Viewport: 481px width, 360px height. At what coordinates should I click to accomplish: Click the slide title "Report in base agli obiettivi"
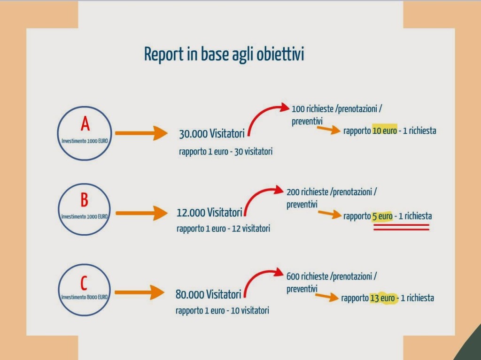pos(224,54)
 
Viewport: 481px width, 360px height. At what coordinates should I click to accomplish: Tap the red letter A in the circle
pos(85,124)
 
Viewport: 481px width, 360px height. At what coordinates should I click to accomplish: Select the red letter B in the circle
pos(84,200)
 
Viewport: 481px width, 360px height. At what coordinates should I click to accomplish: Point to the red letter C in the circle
pos(84,283)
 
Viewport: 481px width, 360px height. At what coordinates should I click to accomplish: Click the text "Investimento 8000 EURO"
pos(85,297)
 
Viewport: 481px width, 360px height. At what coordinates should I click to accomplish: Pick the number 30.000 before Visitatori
pos(193,134)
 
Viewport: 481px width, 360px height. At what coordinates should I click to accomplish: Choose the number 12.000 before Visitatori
pos(191,213)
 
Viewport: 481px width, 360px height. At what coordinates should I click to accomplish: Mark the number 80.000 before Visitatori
pos(190,295)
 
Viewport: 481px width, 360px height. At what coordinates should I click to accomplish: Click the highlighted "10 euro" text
pos(384,131)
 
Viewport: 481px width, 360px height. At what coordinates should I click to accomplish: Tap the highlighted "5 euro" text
pos(382,216)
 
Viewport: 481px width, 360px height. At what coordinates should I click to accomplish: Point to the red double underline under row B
pos(401,228)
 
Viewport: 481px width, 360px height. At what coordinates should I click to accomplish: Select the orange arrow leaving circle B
pos(141,213)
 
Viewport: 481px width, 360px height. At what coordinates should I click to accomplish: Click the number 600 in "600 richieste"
pos(293,277)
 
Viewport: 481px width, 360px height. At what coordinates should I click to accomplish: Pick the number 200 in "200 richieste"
pos(294,192)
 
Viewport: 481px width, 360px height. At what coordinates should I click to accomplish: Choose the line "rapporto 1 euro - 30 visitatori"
pos(225,152)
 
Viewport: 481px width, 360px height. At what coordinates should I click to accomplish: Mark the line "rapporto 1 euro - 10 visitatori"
pos(222,311)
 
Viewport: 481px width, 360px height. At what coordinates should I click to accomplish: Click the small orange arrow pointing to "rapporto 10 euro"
pos(328,130)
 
